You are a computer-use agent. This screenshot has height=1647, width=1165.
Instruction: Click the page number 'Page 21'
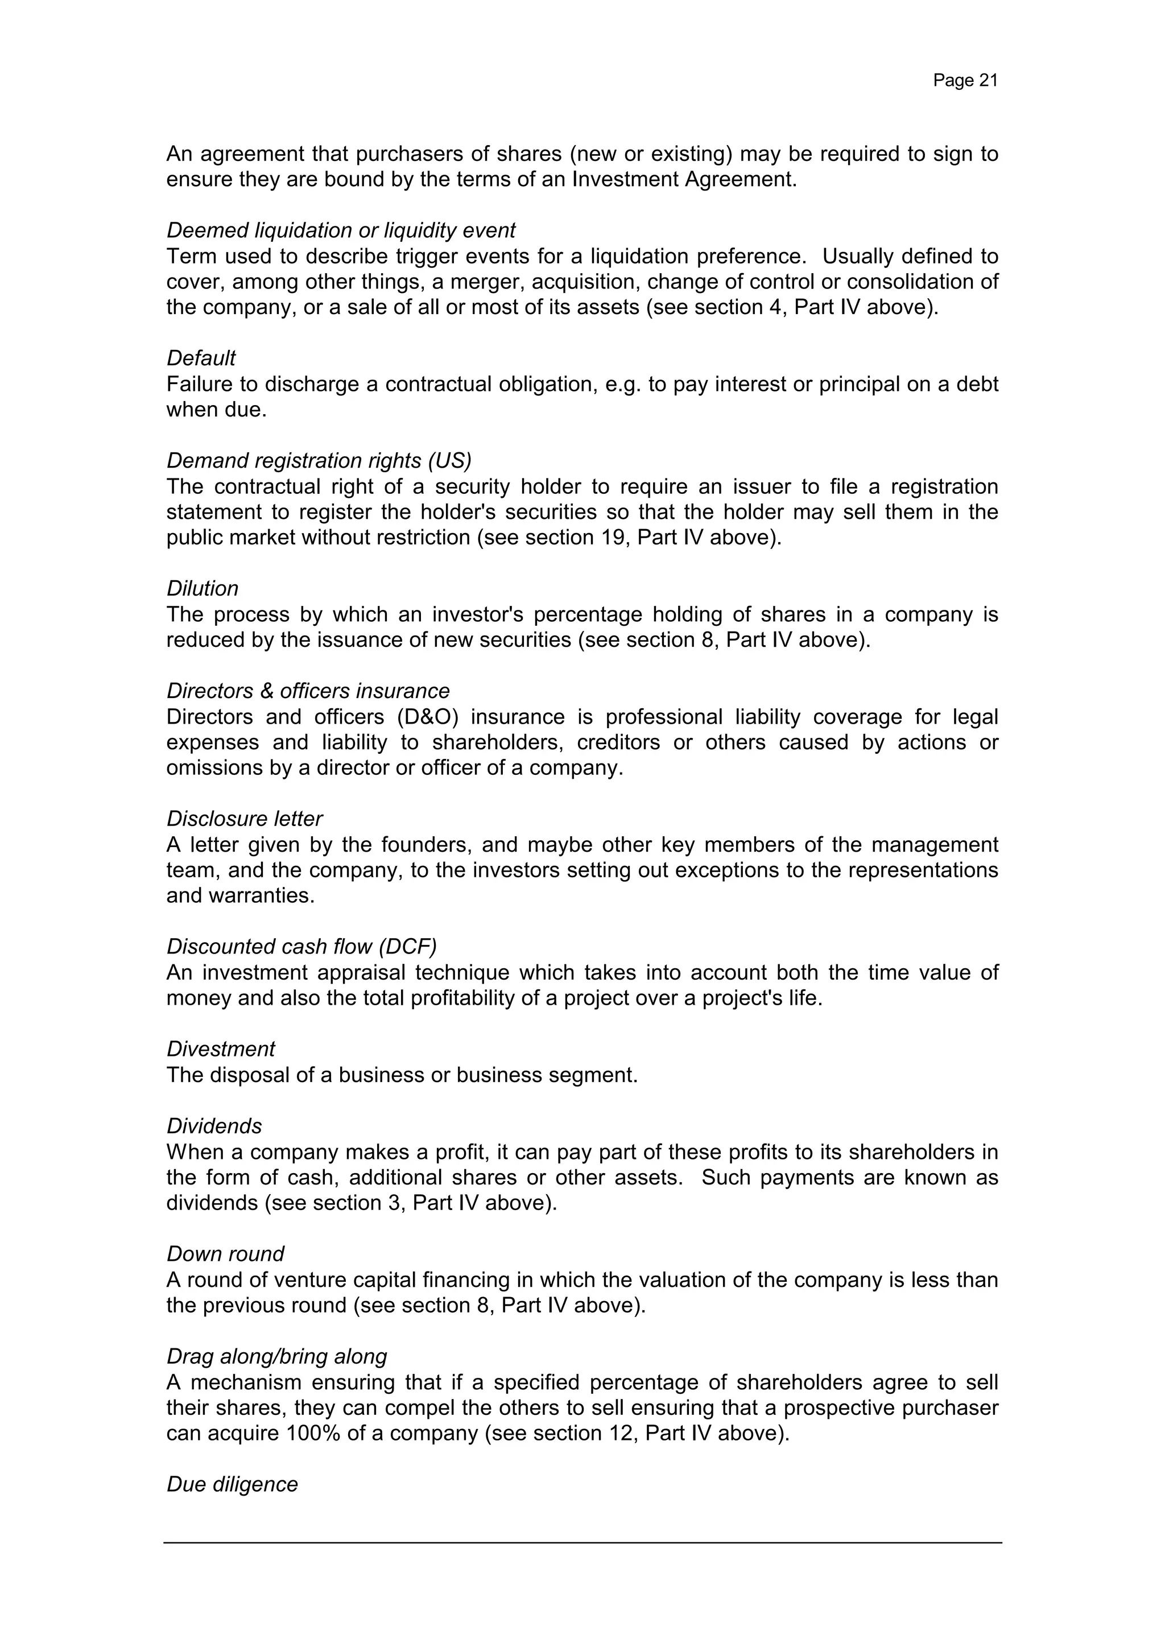pos(965,80)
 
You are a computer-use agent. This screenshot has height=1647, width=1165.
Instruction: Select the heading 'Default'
pos(201,358)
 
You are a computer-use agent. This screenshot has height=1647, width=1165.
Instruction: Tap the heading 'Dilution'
pos(203,588)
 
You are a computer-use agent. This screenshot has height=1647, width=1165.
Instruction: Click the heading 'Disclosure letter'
pos(245,819)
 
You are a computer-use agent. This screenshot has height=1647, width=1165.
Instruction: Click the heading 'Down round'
pos(225,1253)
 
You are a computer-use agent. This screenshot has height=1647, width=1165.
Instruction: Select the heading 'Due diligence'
pos(232,1484)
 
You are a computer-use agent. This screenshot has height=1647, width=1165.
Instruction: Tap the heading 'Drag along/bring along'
pos(276,1356)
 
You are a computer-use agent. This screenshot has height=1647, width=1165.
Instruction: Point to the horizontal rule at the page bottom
pos(582,1542)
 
